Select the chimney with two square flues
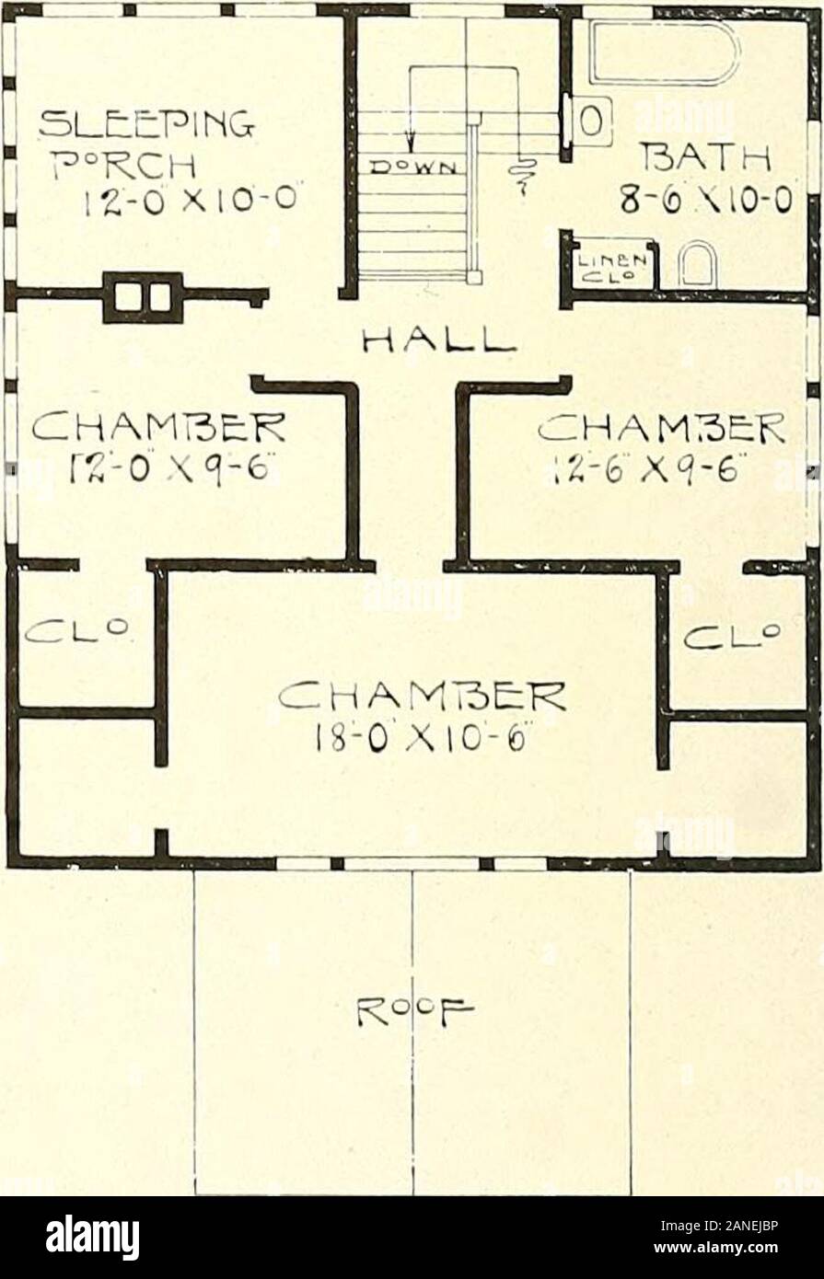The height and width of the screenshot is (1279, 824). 142,297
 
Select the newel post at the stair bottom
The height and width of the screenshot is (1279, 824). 475,276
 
